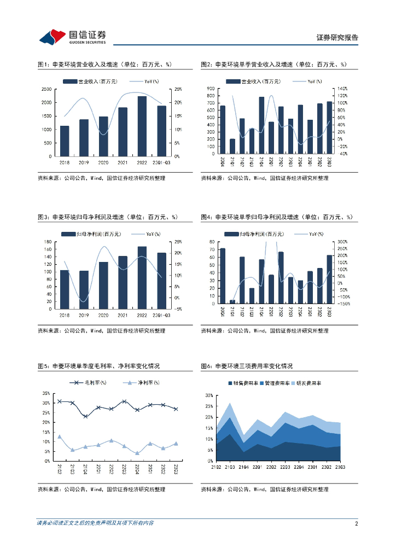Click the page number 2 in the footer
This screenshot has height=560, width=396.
356,523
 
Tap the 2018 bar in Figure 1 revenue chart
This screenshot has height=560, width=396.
65,141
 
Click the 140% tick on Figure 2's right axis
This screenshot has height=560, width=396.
342,89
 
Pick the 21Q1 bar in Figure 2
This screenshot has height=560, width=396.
232,147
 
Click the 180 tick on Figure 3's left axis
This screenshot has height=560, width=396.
48,242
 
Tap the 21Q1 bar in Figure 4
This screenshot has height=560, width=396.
232,302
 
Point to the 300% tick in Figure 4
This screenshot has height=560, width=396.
342,242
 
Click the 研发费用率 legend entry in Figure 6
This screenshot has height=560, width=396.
304,383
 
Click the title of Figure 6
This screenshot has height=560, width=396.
247,366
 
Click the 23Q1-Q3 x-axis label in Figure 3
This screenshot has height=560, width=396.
161,314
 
